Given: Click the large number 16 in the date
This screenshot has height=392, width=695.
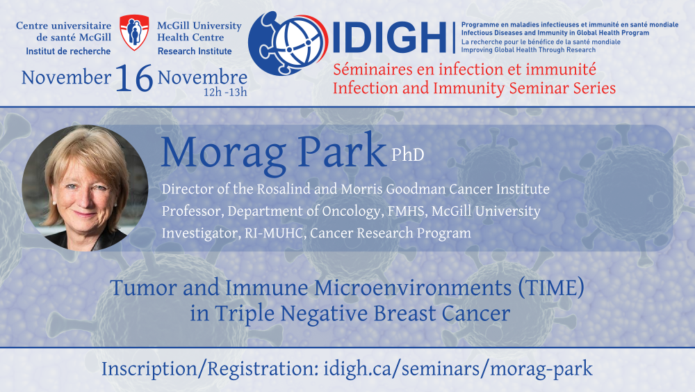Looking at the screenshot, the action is point(134,78).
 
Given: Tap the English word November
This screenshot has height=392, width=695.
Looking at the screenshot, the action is point(66,78).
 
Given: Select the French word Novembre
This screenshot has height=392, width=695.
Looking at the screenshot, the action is point(202,78).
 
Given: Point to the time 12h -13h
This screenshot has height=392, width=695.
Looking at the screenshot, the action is point(225,93).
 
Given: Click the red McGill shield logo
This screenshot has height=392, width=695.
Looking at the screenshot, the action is point(134,33).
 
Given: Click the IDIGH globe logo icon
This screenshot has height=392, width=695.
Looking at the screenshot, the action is point(288,43).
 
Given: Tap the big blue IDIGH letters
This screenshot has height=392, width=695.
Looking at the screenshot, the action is point(390,38).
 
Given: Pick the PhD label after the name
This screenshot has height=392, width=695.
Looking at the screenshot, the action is point(408,155).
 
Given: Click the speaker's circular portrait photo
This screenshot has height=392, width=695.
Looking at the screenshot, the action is point(85,188).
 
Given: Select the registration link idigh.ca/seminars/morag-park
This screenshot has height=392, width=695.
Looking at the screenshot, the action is point(458,369).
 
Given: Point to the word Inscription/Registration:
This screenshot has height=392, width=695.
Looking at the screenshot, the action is point(210,369).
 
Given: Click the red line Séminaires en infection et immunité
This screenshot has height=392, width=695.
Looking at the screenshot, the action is point(464,69).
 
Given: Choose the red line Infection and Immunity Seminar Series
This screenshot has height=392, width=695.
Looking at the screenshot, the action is point(474,88).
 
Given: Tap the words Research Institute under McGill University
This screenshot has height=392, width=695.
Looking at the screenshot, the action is point(195,52).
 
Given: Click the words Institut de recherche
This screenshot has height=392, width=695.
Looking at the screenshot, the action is point(68,52).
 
